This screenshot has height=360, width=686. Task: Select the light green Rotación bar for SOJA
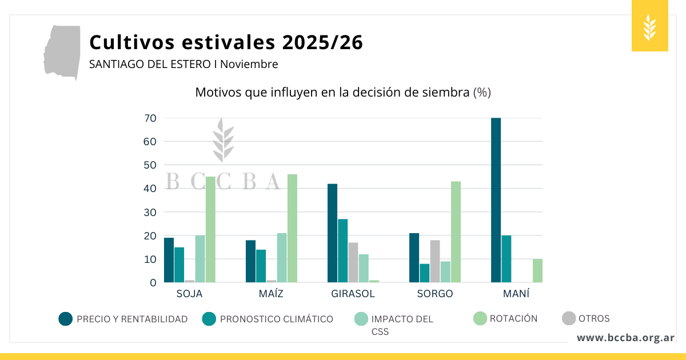(x=210, y=229)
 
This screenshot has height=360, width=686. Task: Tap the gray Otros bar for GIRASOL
(x=353, y=262)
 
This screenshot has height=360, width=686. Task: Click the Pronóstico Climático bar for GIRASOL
(x=343, y=250)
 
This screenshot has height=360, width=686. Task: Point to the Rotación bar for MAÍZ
(x=292, y=228)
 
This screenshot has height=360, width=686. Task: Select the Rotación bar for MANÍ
(x=537, y=270)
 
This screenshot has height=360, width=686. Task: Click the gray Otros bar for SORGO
(x=435, y=261)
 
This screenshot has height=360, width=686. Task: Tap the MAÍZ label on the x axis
(x=271, y=294)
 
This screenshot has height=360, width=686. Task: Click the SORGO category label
(x=434, y=294)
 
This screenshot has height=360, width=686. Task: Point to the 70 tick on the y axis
(x=150, y=118)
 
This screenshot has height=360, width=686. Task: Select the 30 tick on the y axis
(x=150, y=212)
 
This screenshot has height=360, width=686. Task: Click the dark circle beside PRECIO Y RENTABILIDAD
(x=66, y=319)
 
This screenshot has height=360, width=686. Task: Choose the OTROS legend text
(x=594, y=319)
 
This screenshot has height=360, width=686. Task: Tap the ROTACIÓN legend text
(x=513, y=319)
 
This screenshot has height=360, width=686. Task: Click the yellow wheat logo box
(x=649, y=26)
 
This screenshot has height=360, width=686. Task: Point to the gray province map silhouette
(x=63, y=51)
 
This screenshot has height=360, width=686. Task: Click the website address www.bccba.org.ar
(x=625, y=338)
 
